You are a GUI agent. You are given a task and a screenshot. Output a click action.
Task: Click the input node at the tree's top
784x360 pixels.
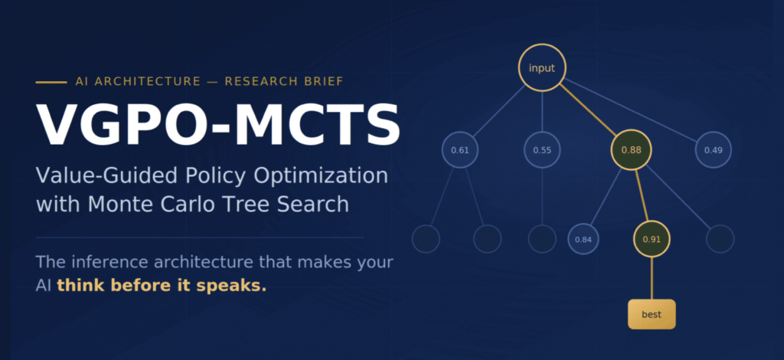[542, 68]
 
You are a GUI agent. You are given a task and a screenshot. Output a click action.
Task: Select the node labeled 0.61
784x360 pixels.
[460, 149]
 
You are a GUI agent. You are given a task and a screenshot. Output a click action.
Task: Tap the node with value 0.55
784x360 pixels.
[542, 149]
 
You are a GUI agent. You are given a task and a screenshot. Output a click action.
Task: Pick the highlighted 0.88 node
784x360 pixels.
[631, 149]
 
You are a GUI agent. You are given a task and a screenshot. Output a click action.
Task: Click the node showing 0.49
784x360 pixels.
[713, 149]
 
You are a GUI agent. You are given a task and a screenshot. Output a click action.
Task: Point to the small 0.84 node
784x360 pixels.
[583, 239]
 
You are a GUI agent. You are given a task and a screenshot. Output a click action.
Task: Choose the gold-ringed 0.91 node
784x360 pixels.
[652, 239]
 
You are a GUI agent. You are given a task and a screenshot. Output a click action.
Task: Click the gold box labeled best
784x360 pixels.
[652, 314]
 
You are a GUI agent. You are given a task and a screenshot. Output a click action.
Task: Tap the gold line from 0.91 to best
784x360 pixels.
[652, 278]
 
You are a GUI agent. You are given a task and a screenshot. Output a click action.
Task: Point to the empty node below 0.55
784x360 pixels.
[542, 239]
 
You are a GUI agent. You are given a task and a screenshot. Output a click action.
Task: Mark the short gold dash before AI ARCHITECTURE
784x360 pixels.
[51, 82]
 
